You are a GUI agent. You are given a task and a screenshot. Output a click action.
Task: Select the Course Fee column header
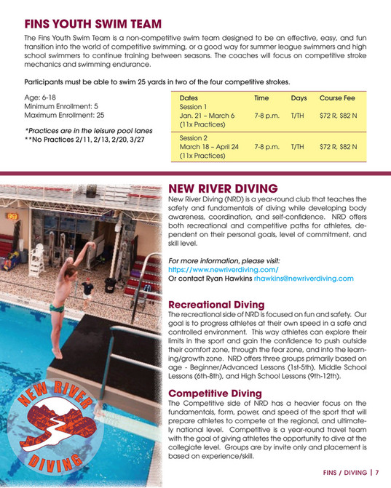click(337, 97)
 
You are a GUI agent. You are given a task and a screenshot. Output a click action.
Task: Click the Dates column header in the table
click(188, 97)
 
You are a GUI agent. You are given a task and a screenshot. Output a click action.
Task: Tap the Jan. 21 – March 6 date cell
click(207, 115)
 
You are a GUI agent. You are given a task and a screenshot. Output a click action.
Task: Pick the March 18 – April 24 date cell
click(209, 146)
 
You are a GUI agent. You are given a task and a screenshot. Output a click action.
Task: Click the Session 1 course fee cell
click(338, 115)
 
